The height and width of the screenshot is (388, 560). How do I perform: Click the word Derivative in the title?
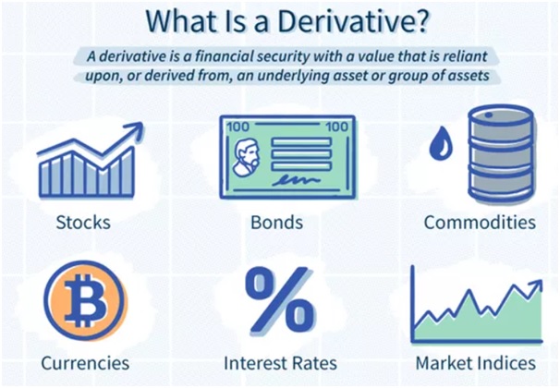tap(343, 21)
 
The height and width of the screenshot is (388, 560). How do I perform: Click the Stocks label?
tap(83, 222)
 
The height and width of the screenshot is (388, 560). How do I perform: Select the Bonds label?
tap(277, 222)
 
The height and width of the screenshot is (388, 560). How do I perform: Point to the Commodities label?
tap(480, 222)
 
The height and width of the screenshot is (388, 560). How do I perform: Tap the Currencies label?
tap(85, 363)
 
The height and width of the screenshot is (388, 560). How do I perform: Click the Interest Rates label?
tap(280, 363)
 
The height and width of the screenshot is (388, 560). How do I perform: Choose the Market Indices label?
tap(476, 363)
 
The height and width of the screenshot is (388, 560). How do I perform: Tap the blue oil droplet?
tap(441, 143)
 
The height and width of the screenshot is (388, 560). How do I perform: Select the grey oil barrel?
tap(501, 154)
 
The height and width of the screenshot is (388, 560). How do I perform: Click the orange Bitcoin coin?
tap(85, 300)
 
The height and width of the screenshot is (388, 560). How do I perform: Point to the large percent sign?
tap(281, 300)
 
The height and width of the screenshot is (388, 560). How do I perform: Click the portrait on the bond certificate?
tap(246, 157)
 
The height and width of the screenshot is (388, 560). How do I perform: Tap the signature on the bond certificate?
tap(296, 180)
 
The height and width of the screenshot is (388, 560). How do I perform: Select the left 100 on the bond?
tap(238, 127)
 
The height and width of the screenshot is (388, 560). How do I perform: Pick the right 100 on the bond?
tap(336, 127)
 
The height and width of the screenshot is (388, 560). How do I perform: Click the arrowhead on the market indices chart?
tap(536, 285)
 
